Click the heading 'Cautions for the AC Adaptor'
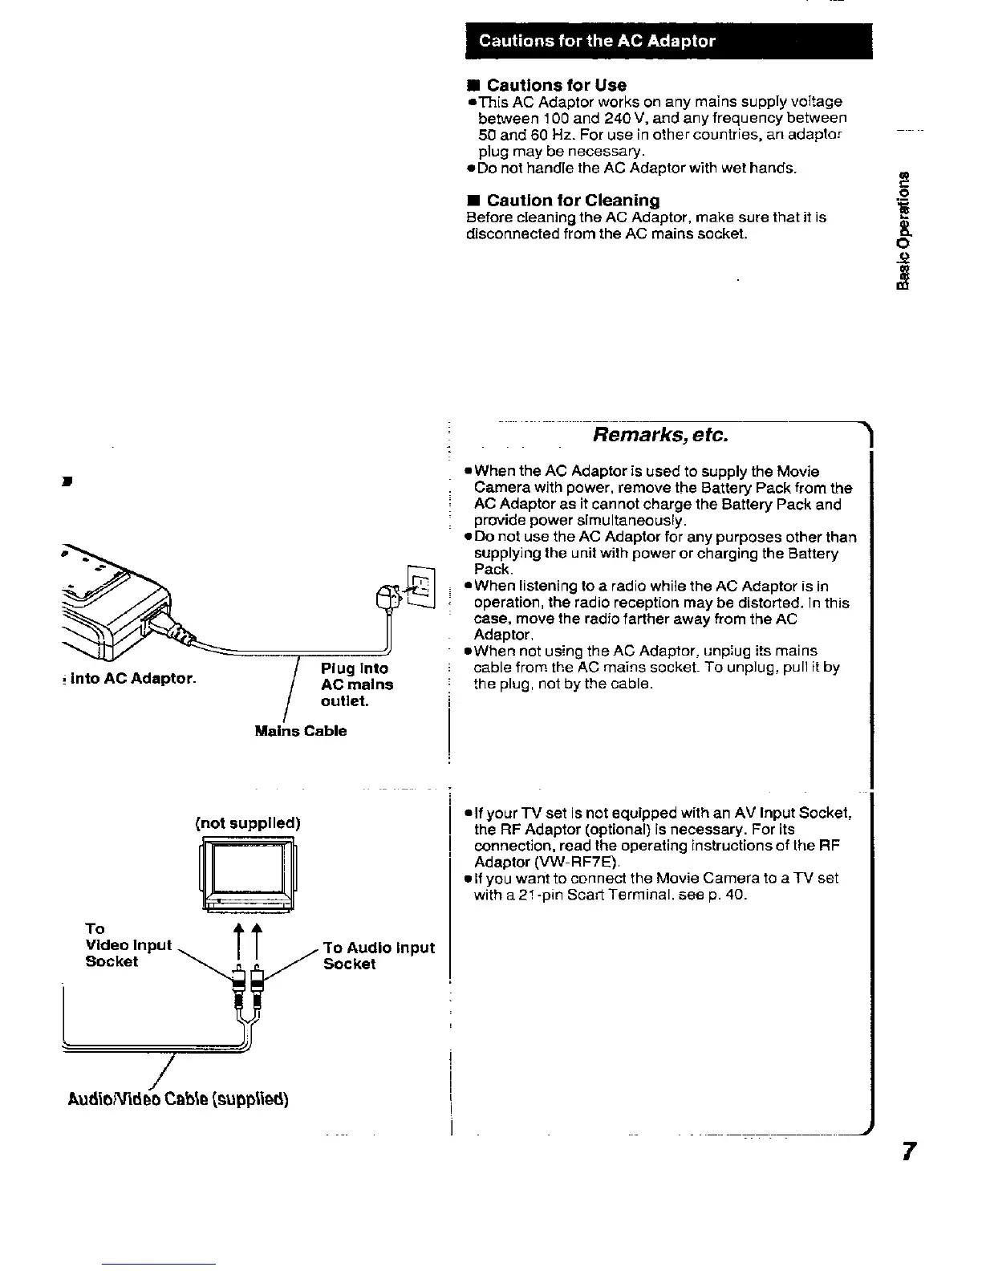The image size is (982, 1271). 597,42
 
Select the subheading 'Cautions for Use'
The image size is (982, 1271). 556,85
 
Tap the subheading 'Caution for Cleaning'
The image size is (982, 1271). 573,200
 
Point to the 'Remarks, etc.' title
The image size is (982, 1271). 660,435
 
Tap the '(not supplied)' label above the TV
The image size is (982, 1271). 248,823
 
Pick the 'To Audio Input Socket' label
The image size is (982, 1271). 378,955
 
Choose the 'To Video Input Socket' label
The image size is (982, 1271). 128,945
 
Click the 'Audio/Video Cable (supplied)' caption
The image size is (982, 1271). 178,1098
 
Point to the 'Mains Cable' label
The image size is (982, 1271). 300,731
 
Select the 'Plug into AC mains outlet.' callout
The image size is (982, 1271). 356,684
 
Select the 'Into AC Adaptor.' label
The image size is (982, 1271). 132,679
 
